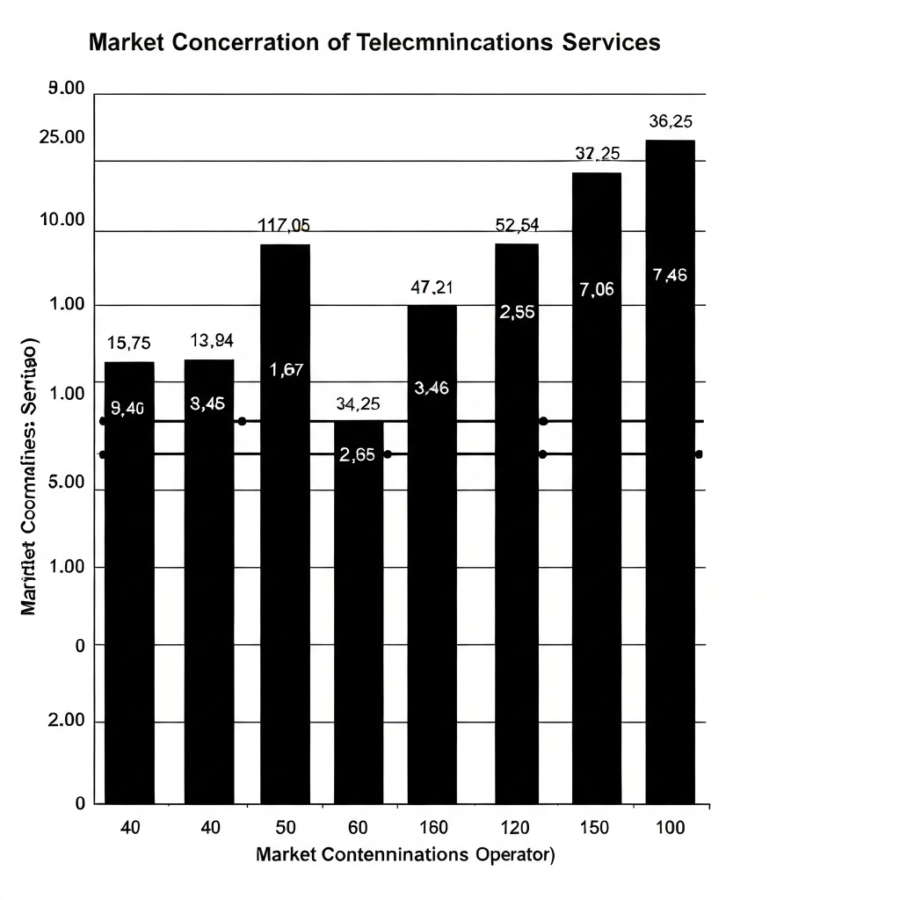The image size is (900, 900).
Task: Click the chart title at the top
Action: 374,42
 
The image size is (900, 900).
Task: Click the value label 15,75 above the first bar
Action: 129,344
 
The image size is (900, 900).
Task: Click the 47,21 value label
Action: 432,287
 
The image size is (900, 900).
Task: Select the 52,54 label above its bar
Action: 517,225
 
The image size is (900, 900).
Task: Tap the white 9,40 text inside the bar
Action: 129,408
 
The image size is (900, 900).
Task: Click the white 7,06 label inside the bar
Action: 597,290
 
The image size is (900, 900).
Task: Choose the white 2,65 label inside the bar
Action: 358,454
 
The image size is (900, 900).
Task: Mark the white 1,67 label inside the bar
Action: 286,370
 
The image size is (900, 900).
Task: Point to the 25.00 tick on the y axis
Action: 63,138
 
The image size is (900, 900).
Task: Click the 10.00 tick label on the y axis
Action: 63,220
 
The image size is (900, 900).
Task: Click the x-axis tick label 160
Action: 433,828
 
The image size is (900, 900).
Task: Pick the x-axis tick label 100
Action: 670,828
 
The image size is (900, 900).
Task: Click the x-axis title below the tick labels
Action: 404,854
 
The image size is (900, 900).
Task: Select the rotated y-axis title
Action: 27,475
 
